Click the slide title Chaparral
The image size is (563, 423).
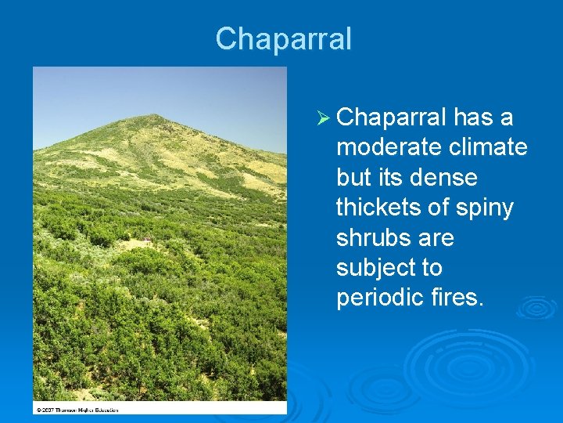point(284,38)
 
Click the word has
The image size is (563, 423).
point(475,118)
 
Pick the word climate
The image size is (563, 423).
point(492,148)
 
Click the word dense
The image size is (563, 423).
point(439,178)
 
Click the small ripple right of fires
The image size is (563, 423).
point(535,307)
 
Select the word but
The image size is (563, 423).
point(352,178)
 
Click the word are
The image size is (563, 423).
point(436,237)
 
